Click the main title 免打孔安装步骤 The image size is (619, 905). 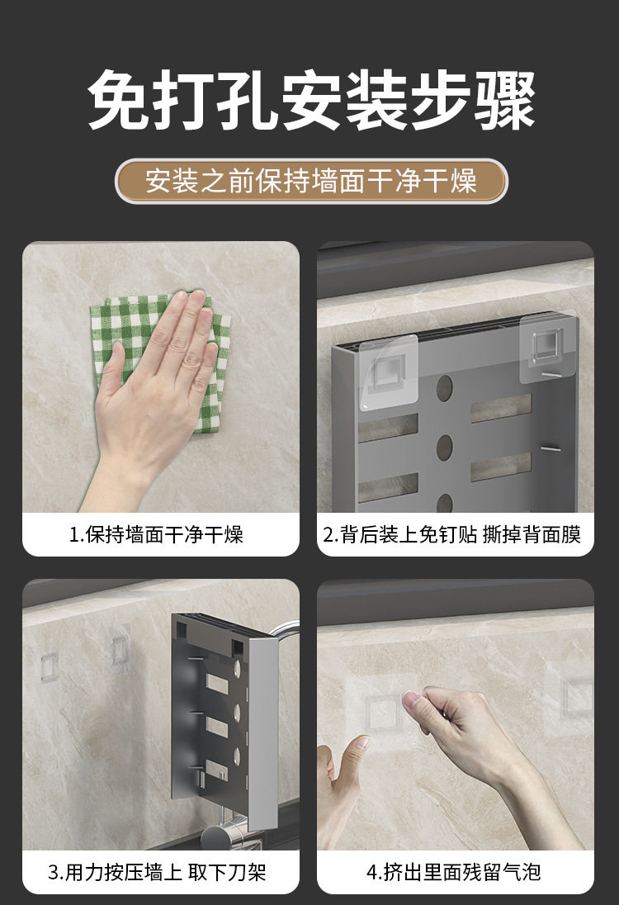pyautogui.click(x=311, y=100)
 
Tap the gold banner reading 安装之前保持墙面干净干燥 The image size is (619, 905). pyautogui.click(x=311, y=181)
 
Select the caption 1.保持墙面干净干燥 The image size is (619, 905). pyautogui.click(x=156, y=534)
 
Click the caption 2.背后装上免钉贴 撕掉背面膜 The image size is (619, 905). pyautogui.click(x=451, y=534)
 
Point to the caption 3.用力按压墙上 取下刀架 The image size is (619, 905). pyautogui.click(x=157, y=871)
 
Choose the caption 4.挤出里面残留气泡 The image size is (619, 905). pyautogui.click(x=454, y=871)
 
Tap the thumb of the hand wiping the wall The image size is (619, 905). pyautogui.click(x=111, y=375)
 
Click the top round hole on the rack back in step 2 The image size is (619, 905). pyautogui.click(x=444, y=388)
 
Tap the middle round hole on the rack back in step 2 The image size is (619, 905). pyautogui.click(x=444, y=448)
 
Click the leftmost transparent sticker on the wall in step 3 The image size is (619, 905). pyautogui.click(x=49, y=666)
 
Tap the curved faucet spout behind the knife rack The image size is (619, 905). pyautogui.click(x=286, y=630)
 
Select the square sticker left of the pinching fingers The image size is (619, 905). pyautogui.click(x=380, y=714)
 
